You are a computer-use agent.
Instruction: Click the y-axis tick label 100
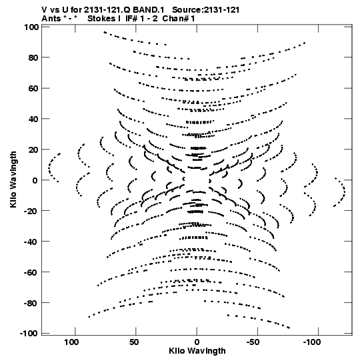(31, 27)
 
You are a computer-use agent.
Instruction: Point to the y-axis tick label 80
(33, 57)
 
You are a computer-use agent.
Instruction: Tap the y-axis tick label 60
(33, 88)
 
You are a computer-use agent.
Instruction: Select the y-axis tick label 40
(33, 119)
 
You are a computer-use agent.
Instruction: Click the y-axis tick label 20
(33, 149)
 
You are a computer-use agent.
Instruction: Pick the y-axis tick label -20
(32, 211)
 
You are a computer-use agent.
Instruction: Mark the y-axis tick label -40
(32, 242)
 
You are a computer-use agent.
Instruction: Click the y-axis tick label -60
(32, 272)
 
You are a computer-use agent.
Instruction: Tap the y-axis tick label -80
(32, 303)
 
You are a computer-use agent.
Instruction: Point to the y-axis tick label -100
(29, 334)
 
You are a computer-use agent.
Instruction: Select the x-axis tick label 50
(134, 342)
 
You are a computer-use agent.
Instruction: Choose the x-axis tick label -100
(312, 342)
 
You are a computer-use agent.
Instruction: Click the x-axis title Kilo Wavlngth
(197, 351)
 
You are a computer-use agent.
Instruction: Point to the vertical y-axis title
(13, 179)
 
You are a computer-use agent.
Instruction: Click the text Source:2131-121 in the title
(205, 10)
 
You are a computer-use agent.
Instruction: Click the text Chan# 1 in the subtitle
(179, 19)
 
